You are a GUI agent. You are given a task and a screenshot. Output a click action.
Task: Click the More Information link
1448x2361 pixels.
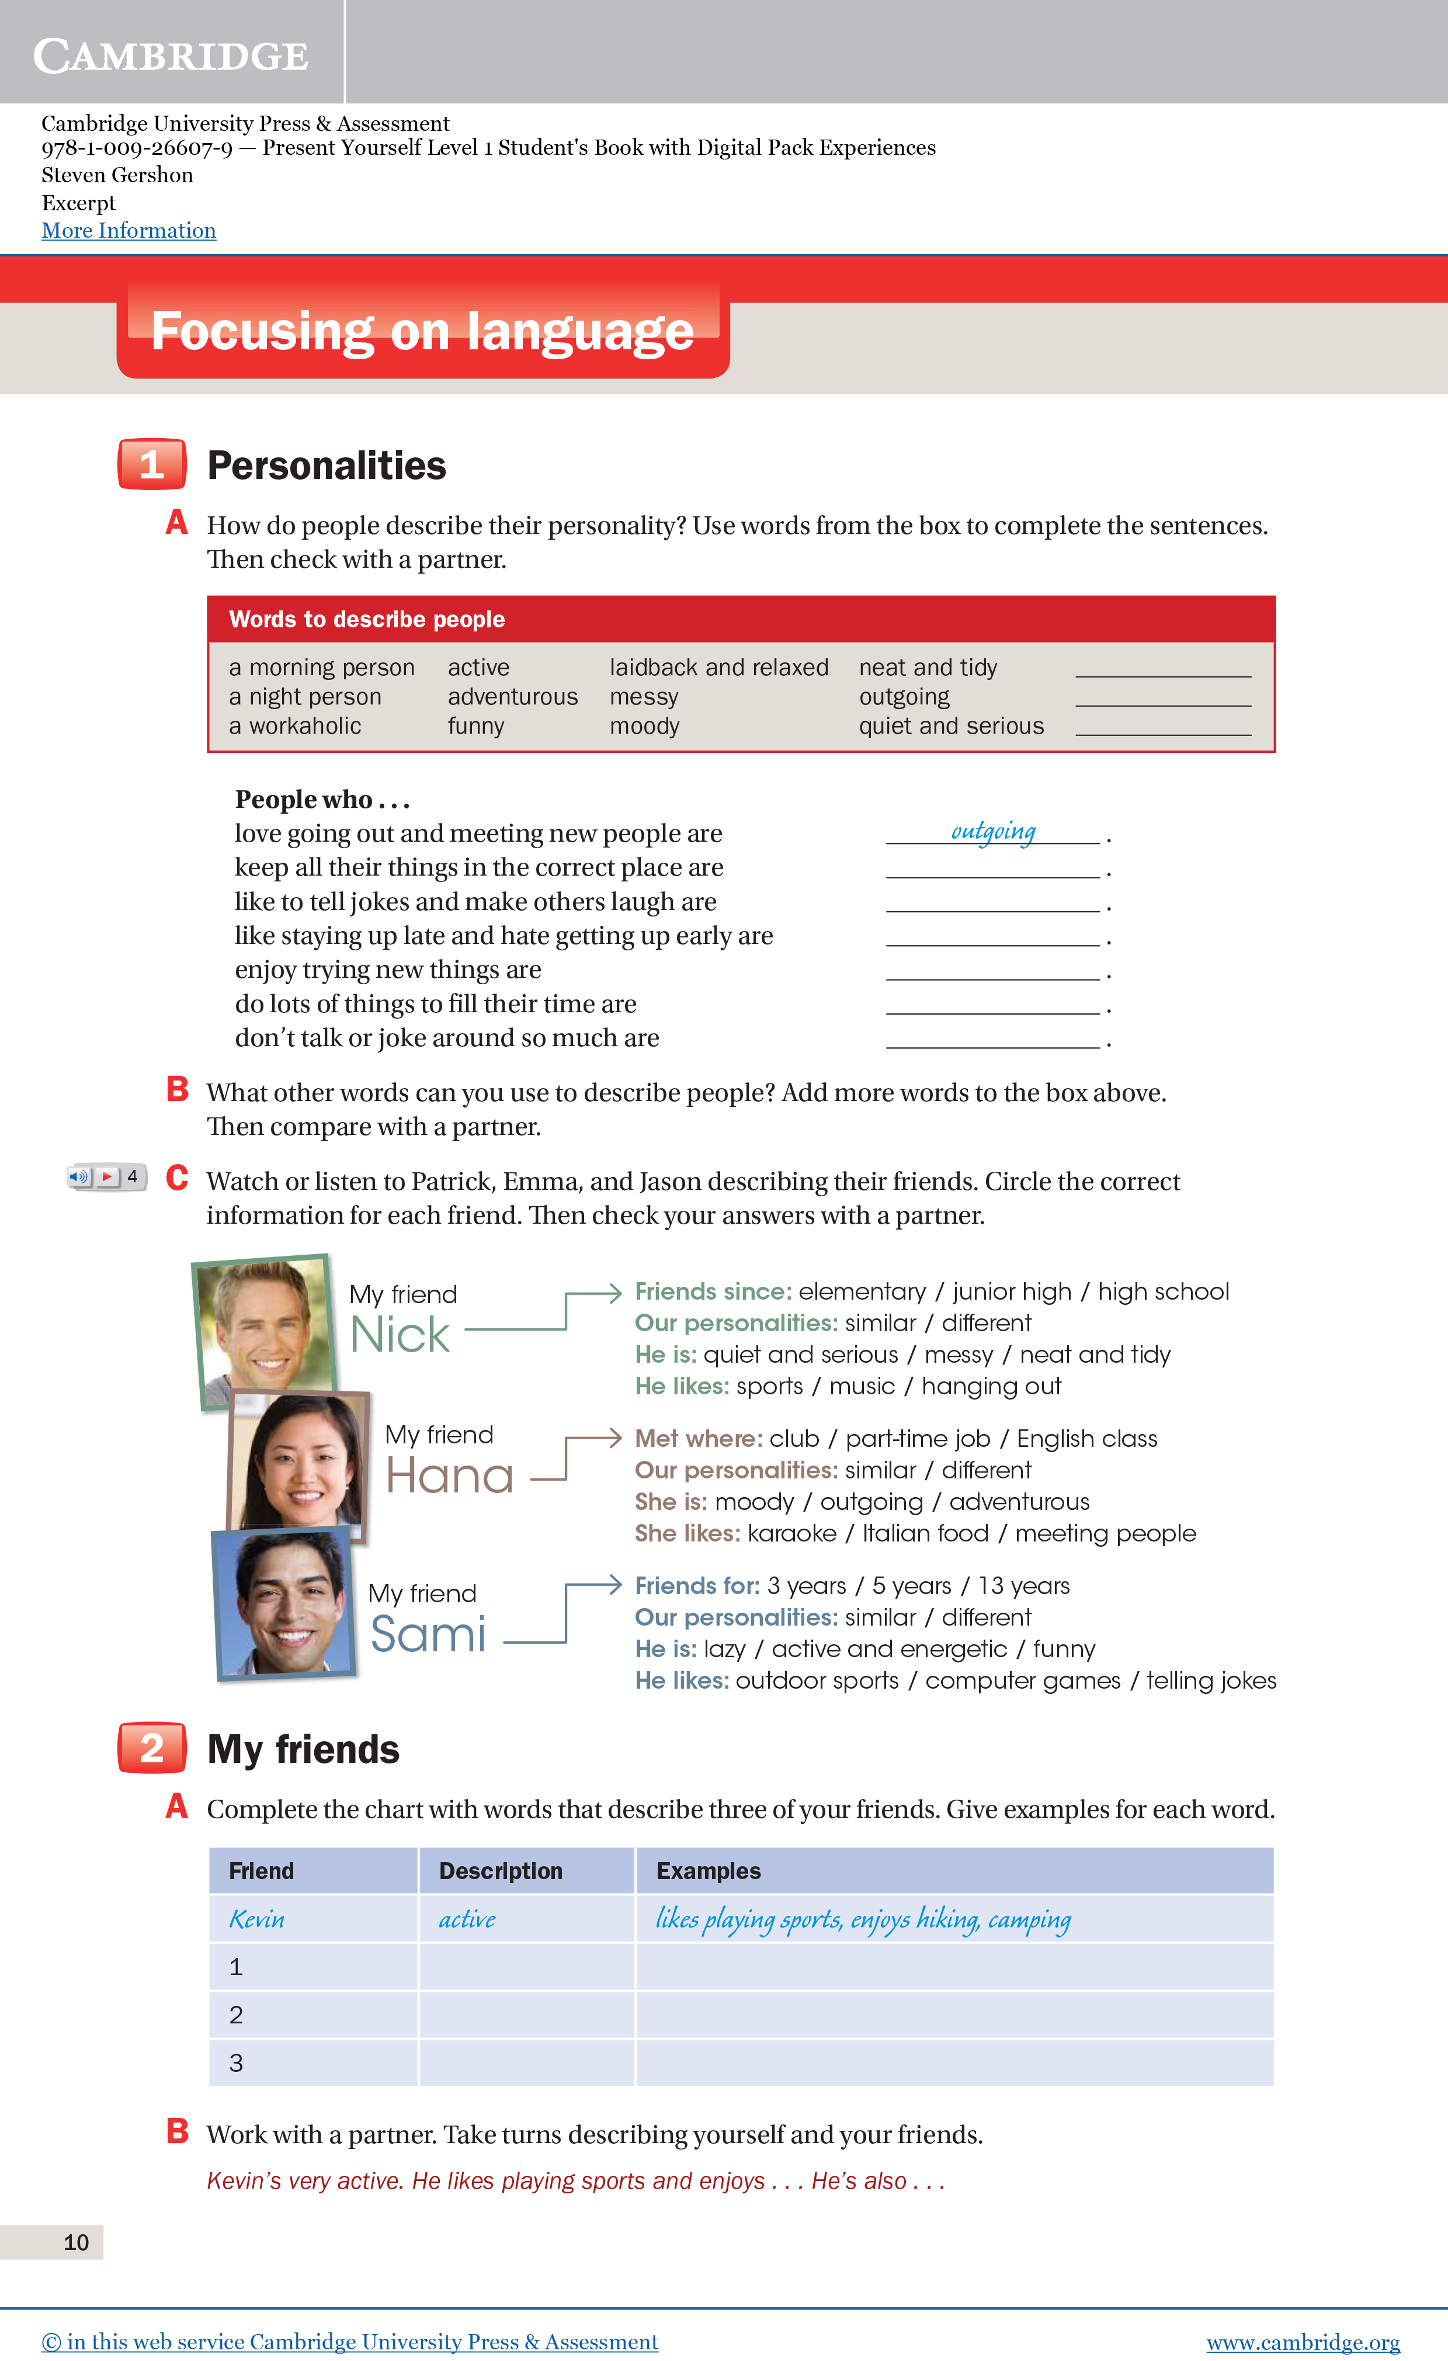coord(129,231)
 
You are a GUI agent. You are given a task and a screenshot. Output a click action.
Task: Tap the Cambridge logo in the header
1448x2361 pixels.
coord(171,55)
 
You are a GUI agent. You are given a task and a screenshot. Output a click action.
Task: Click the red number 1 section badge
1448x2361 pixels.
coord(151,465)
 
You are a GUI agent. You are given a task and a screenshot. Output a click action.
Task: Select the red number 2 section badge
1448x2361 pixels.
coord(151,1748)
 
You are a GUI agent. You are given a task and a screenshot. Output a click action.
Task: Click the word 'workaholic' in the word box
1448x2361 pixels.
coord(305,726)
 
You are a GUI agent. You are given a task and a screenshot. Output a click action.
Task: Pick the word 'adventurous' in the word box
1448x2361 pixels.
coord(513,697)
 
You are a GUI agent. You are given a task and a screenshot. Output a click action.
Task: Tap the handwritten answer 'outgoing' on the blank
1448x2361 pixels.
coord(993,831)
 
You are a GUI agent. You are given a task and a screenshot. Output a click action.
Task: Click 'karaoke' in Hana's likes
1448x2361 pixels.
coord(791,1533)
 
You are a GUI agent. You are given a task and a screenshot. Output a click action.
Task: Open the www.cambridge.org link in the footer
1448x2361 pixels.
coord(1303,2342)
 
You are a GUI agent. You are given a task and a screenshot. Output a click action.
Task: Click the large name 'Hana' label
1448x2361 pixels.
coord(449,1475)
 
